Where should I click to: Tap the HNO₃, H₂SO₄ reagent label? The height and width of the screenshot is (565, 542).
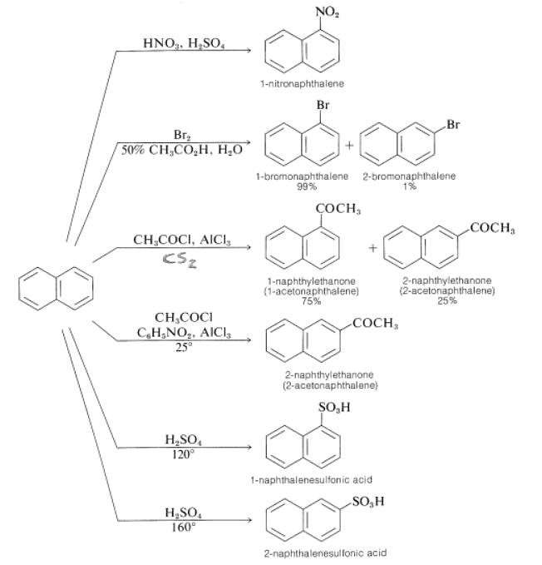pyautogui.click(x=182, y=41)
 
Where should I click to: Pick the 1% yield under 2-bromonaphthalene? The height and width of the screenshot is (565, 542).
pyautogui.click(x=410, y=187)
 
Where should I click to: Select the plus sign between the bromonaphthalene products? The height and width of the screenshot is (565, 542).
pyautogui.click(x=351, y=144)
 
